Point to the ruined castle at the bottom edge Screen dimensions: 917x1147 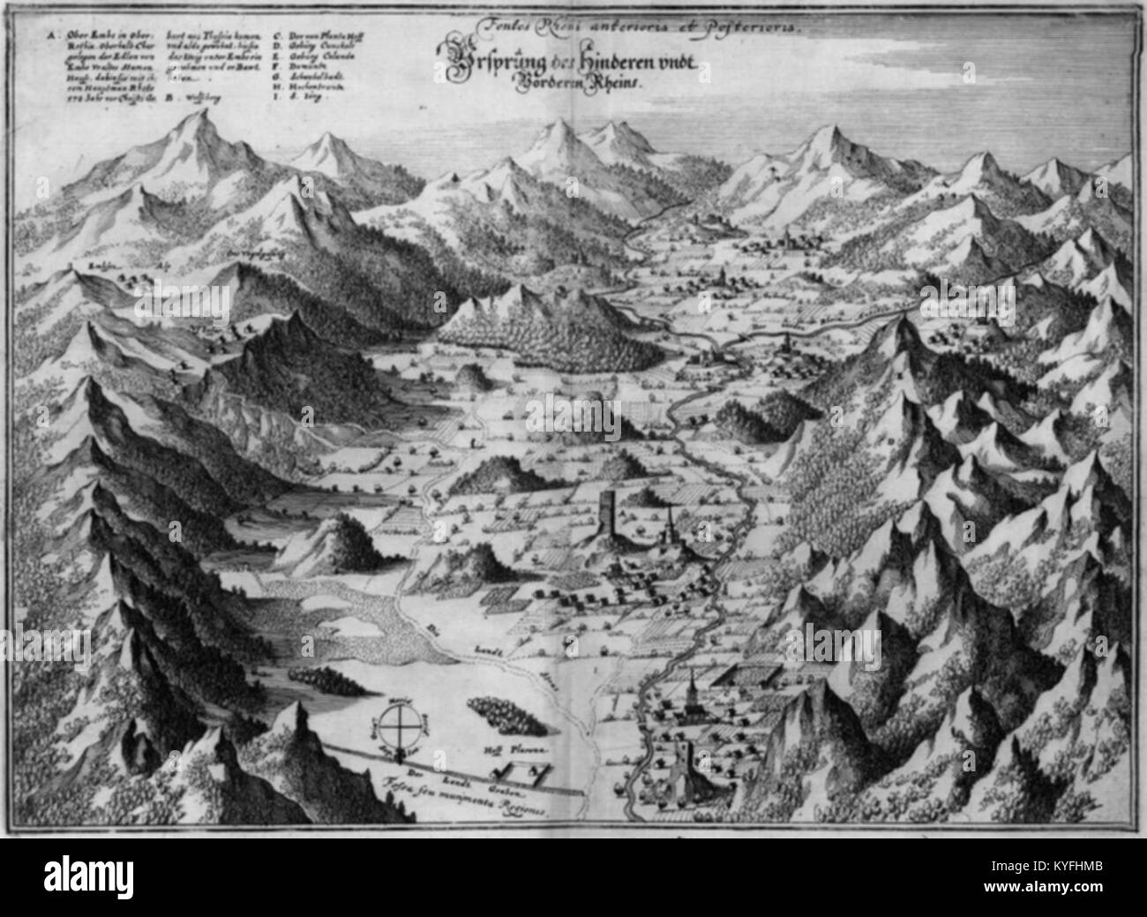click(x=680, y=777)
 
